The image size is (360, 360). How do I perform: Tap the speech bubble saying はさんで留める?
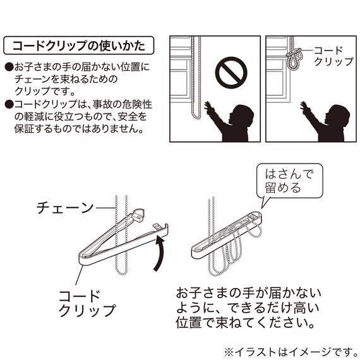tap(287, 179)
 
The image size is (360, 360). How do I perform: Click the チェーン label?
tap(64, 207)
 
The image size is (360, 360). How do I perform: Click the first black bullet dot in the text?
tap(8, 66)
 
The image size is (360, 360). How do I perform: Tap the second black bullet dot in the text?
tap(8, 105)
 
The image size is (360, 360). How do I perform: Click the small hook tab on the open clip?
tap(157, 226)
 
